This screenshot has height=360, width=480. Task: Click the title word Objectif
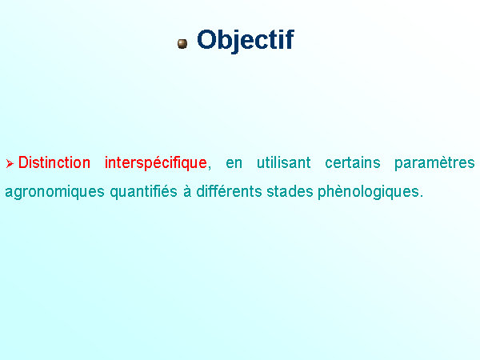(246, 40)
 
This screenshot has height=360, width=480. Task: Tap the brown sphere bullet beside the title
(182, 44)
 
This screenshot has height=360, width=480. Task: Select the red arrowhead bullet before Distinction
(10, 163)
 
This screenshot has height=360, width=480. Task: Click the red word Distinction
(54, 162)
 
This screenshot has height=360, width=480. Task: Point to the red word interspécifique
(156, 163)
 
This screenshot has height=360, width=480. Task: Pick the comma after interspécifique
(210, 167)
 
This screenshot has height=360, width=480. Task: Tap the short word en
(234, 164)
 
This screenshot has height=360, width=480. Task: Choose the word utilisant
(283, 162)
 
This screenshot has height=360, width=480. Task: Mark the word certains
(352, 162)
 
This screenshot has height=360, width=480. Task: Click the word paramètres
(434, 163)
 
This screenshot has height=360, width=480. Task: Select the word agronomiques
(54, 193)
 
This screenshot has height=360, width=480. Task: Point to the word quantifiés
(143, 192)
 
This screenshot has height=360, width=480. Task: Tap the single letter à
(187, 191)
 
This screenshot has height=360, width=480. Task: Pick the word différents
(229, 191)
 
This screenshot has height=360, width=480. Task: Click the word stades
(290, 191)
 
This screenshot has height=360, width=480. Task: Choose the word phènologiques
(368, 192)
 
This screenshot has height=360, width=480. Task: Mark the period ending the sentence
(422, 196)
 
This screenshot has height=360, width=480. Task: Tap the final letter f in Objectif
(290, 39)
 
